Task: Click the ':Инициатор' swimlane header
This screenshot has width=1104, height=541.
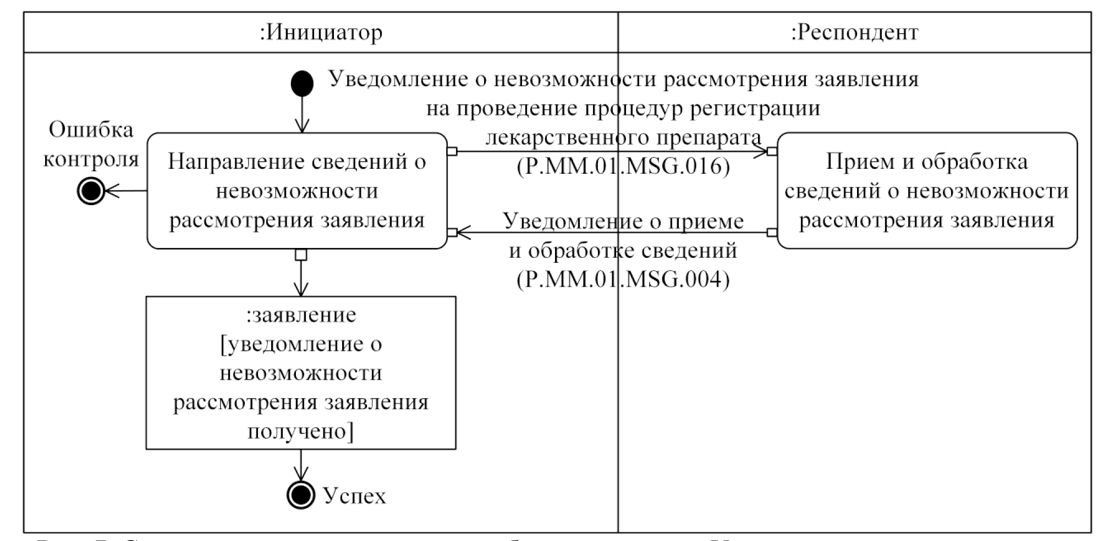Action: (321, 32)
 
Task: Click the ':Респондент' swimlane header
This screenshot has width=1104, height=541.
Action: (854, 32)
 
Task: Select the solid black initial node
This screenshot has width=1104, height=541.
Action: (302, 84)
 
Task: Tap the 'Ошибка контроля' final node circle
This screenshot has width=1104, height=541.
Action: (91, 191)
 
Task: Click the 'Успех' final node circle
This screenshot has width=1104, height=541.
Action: (301, 495)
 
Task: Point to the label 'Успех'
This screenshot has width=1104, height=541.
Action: (354, 496)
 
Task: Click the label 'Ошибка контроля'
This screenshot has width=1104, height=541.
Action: (91, 145)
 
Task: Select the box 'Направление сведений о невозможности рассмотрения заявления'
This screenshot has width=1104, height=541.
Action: (297, 191)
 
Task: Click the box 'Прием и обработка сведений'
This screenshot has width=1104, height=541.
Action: (927, 191)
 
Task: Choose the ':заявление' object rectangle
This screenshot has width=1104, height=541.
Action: (301, 373)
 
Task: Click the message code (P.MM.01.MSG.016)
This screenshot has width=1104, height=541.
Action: (623, 165)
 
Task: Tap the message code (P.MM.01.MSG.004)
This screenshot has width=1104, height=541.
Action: (623, 279)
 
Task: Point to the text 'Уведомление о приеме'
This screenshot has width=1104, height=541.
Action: (623, 221)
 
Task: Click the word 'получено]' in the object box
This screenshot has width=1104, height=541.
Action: (301, 431)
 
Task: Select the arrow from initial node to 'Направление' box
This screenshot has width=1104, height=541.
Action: (302, 115)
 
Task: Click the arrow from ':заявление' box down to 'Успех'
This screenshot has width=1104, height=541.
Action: (301, 465)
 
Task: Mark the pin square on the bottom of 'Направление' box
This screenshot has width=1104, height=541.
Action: (301, 255)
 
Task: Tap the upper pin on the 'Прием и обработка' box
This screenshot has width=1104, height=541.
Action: (772, 151)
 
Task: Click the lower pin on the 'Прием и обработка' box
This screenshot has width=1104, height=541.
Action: (772, 233)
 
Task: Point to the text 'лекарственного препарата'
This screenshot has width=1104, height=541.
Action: (623, 137)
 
